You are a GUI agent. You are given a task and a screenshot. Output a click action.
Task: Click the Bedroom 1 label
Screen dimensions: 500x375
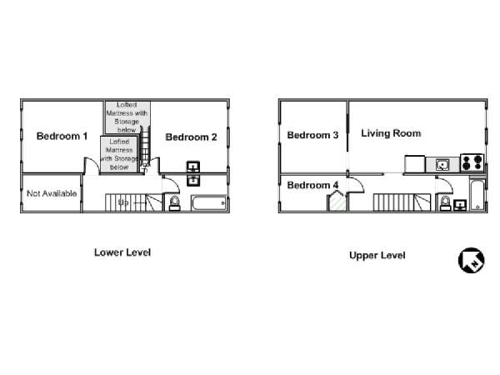point(62,136)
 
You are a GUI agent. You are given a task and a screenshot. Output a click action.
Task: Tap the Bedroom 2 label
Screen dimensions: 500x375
point(191,137)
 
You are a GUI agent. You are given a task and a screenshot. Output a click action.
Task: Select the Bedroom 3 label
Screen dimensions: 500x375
point(312,135)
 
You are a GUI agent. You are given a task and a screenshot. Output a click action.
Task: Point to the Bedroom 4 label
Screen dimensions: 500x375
point(312,185)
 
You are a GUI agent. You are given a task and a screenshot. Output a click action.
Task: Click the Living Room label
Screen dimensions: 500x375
point(391,133)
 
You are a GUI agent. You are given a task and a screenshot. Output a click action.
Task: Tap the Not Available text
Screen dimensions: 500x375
point(52,193)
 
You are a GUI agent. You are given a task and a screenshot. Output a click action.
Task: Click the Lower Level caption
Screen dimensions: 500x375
point(122,252)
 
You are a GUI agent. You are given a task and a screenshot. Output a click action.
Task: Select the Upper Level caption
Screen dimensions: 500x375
point(377,256)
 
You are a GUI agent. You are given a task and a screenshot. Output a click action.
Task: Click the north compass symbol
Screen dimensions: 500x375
point(472,260)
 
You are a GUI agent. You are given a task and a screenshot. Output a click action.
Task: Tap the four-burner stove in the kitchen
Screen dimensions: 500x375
point(472,162)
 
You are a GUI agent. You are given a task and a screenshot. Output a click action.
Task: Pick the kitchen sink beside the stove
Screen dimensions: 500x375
point(442,165)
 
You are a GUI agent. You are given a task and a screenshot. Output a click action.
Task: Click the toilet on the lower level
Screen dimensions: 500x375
point(174,203)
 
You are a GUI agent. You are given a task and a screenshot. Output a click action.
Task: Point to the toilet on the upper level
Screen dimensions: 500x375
point(445,203)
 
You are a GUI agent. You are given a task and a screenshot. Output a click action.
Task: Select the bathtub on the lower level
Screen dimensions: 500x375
point(209,203)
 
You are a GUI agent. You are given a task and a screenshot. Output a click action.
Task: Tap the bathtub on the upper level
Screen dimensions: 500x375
point(477,195)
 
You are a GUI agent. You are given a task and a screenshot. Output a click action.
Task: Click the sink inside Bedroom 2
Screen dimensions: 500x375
point(193,167)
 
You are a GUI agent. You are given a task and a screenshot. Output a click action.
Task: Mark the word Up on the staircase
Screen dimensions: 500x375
point(123,202)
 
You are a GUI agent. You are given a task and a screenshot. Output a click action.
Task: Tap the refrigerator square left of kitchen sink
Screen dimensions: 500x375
point(415,164)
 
